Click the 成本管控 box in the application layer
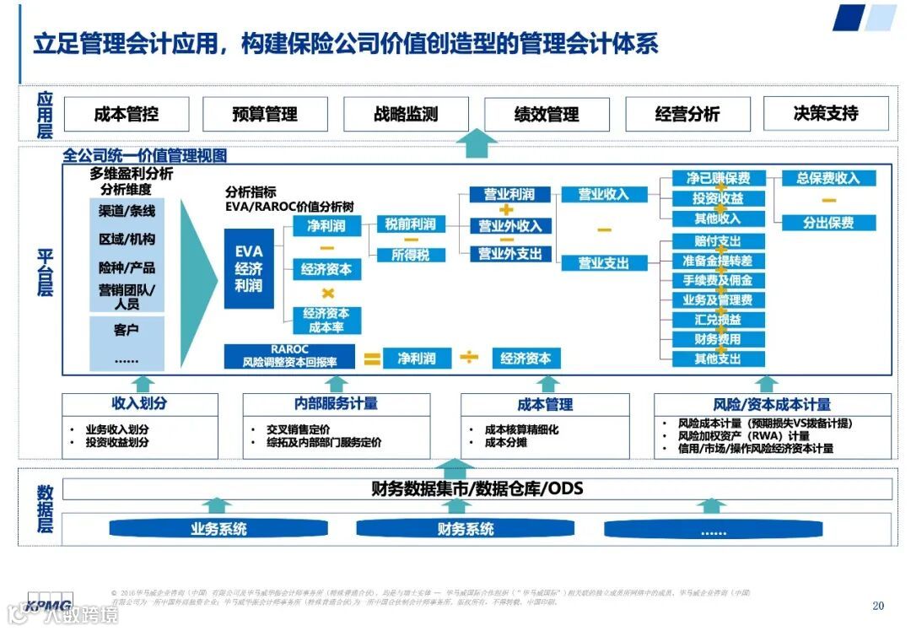pos(127,115)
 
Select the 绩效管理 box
pos(547,115)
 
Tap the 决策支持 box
pos(826,113)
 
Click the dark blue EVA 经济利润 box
pos(249,268)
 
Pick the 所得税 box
pos(410,254)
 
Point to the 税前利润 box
pos(410,224)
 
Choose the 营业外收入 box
pos(509,226)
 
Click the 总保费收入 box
pos(828,178)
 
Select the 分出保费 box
pos(828,223)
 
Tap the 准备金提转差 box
pos(718,261)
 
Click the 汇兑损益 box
pos(718,320)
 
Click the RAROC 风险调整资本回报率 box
pos(290,356)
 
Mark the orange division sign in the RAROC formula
pos(469,358)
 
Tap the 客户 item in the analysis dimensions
pos(127,330)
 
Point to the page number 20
pos(878,606)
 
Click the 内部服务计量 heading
pos(336,404)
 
